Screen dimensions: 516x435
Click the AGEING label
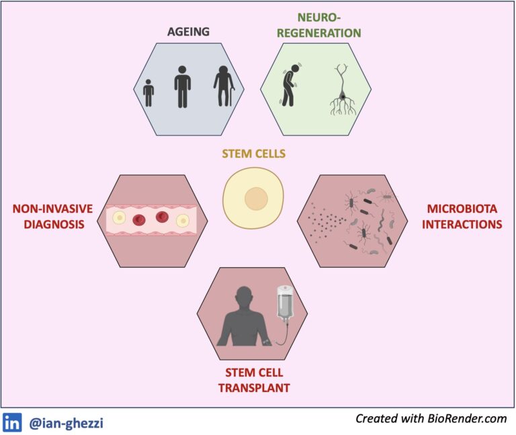tap(188, 32)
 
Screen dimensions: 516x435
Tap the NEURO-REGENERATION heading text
tap(319, 26)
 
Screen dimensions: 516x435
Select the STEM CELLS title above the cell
tap(254, 154)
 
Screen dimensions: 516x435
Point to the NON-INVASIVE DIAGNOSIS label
tap(52, 216)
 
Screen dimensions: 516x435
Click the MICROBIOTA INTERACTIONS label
tap(462, 216)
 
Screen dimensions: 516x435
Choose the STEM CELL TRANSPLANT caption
tap(254, 380)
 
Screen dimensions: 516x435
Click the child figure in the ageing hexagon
tap(148, 93)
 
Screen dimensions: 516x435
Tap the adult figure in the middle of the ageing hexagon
tap(182, 87)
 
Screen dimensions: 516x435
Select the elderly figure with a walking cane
tap(224, 86)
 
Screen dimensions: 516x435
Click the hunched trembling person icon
tap(290, 85)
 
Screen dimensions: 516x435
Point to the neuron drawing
tap(343, 89)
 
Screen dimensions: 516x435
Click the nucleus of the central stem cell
tap(256, 199)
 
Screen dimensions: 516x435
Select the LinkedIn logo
tap(12, 422)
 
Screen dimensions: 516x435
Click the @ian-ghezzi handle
tap(66, 423)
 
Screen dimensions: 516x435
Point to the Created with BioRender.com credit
tap(431, 419)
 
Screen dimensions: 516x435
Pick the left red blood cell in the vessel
tap(139, 220)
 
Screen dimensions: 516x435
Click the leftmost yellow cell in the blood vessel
tap(119, 217)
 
